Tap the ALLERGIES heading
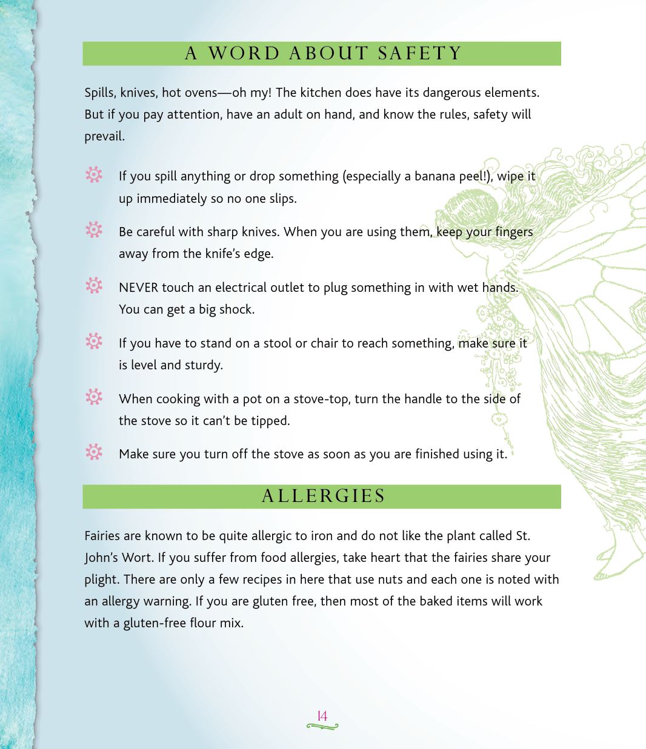tap(323, 497)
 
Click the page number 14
tap(322, 716)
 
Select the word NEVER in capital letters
tap(138, 288)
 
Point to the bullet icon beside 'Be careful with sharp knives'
tap(94, 230)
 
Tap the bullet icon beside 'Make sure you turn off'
tap(94, 452)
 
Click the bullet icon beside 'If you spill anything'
tap(94, 175)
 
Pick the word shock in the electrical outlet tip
tap(236, 309)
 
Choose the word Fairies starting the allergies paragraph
tap(102, 536)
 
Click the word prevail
tap(104, 137)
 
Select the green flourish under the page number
tap(322, 726)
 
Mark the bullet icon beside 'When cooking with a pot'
tap(94, 397)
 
